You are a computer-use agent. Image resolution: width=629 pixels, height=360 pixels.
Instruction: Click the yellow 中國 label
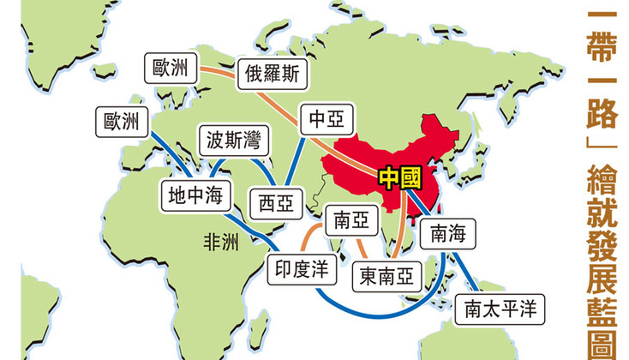pos(399,176)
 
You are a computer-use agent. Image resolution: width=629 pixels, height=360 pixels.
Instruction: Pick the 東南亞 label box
pos(385,274)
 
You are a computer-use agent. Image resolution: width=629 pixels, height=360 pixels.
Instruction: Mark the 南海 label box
pos(448,231)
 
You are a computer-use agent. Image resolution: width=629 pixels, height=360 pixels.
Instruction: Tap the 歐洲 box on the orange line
pos(171,68)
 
